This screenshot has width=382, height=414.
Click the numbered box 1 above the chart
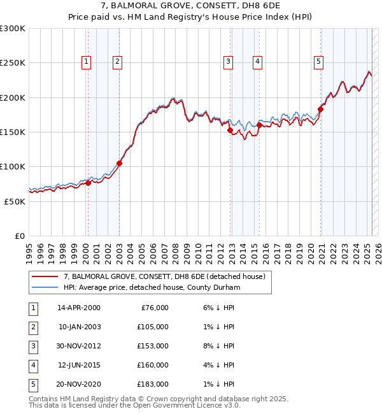(x=86, y=62)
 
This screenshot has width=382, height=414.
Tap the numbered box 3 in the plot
(x=227, y=62)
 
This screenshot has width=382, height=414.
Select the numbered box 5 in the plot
(x=318, y=62)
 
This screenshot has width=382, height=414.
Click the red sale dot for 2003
(x=119, y=163)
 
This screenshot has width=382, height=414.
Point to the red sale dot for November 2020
(x=320, y=109)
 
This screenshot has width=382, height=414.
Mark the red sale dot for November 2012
(x=230, y=130)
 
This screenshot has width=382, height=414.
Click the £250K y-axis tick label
(x=13, y=63)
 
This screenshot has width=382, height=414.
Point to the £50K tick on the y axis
(x=15, y=201)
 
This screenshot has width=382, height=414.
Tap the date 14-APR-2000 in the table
(x=79, y=308)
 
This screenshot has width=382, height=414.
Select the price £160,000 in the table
(x=153, y=365)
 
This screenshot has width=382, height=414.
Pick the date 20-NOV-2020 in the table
(x=79, y=384)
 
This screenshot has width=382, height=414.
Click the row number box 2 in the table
(x=31, y=327)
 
